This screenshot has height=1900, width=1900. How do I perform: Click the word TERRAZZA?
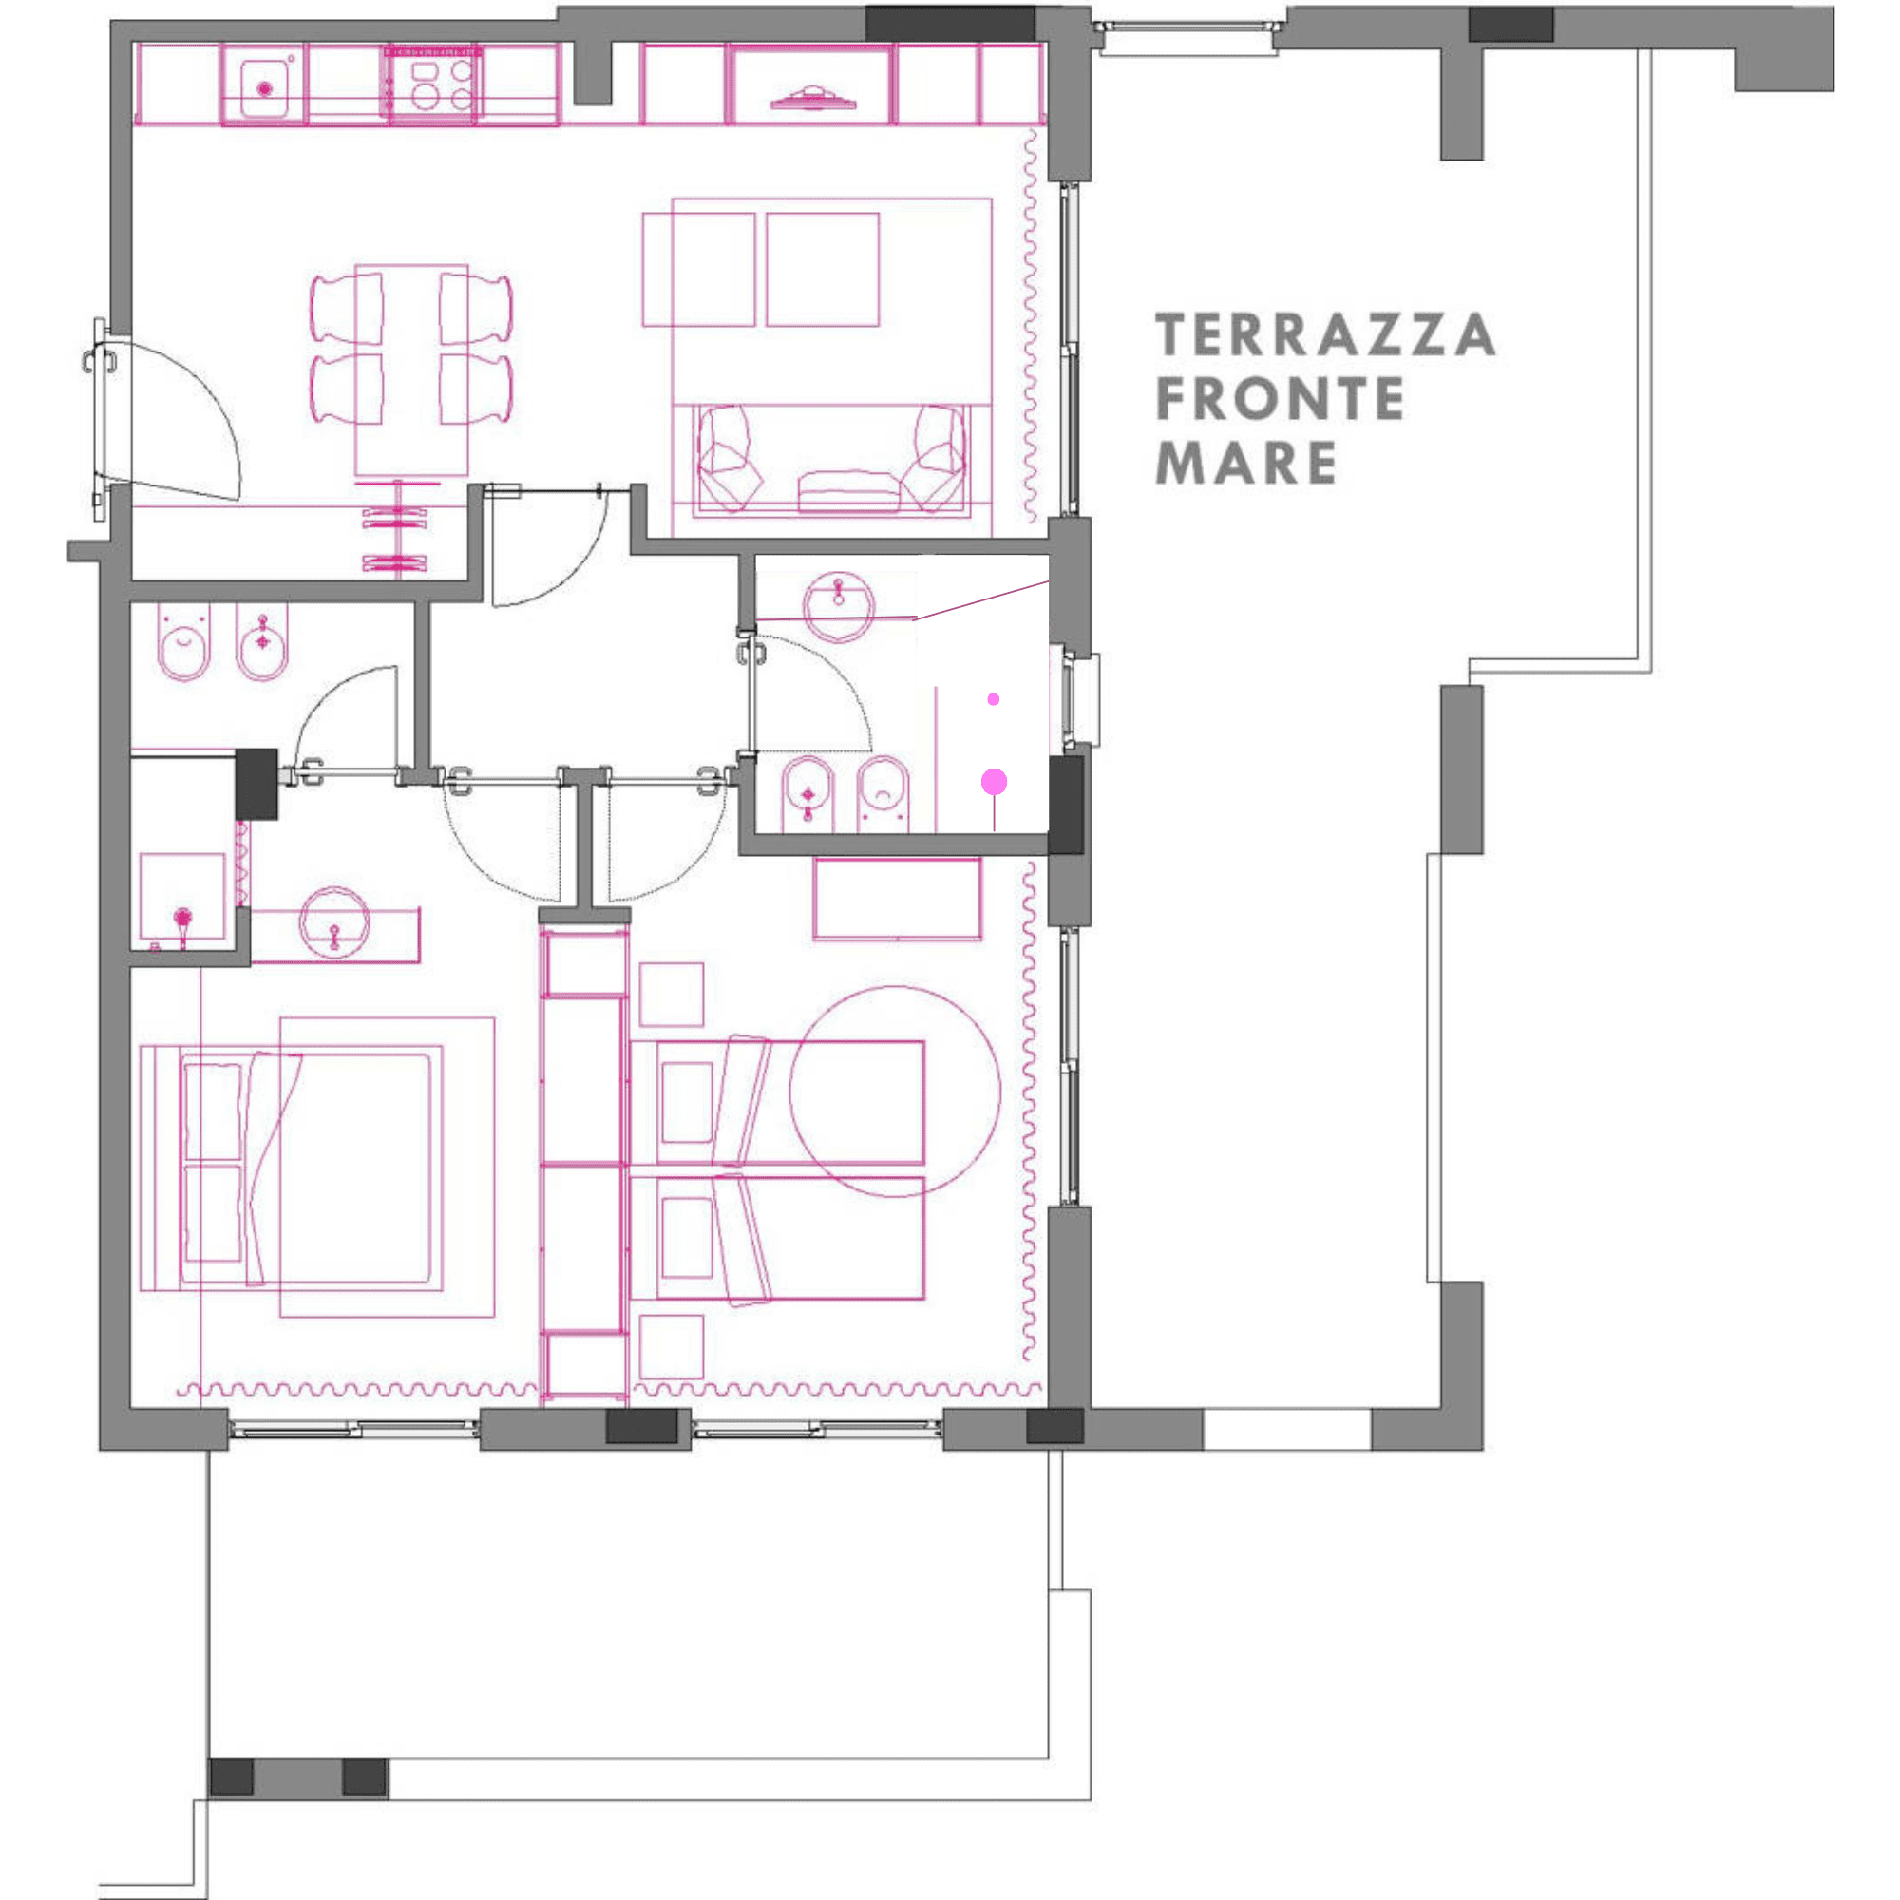point(1324,334)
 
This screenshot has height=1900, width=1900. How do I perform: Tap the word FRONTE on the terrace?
point(1280,398)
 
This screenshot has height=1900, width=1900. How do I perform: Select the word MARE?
point(1246,463)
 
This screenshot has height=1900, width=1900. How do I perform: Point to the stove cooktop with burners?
point(430,85)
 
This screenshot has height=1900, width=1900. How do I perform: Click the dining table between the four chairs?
point(411,370)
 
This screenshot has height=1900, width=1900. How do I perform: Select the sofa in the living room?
point(831,460)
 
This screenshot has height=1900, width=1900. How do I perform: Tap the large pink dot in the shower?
point(995,782)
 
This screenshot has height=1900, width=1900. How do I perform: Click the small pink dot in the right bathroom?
point(994,699)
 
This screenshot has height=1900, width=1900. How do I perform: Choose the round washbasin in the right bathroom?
point(839,609)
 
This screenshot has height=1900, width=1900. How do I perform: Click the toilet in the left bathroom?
point(185,644)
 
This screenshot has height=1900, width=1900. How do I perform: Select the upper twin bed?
point(777,1101)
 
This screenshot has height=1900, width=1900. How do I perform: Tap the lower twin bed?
point(777,1238)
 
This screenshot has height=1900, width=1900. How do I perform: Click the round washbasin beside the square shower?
point(334,923)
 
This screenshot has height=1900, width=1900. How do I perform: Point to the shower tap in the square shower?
point(183,924)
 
